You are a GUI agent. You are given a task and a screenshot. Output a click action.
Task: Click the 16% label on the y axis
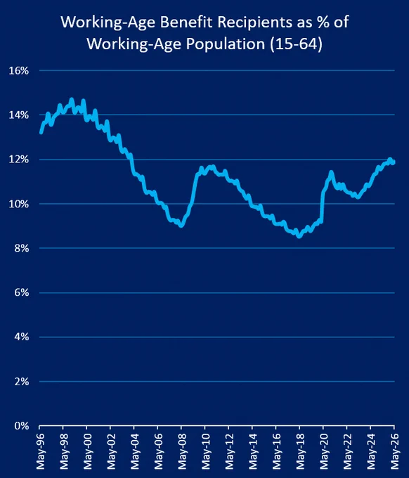18,71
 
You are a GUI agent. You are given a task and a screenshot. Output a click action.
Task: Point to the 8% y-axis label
21,248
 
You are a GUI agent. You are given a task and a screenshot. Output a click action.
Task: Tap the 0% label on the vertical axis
21,425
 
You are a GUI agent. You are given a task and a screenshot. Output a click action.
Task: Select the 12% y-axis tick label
18,160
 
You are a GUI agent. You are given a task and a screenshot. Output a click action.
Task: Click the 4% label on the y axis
21,337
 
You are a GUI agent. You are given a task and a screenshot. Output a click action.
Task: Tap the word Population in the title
225,44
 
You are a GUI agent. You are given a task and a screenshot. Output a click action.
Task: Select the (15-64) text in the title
296,44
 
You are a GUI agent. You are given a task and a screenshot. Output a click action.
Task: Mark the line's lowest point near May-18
299,236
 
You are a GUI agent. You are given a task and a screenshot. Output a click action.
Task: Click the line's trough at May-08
181,226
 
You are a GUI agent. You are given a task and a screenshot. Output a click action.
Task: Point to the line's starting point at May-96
41,132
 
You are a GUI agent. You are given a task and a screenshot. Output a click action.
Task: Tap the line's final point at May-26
394,162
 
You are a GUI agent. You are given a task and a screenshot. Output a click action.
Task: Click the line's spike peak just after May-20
331,172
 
